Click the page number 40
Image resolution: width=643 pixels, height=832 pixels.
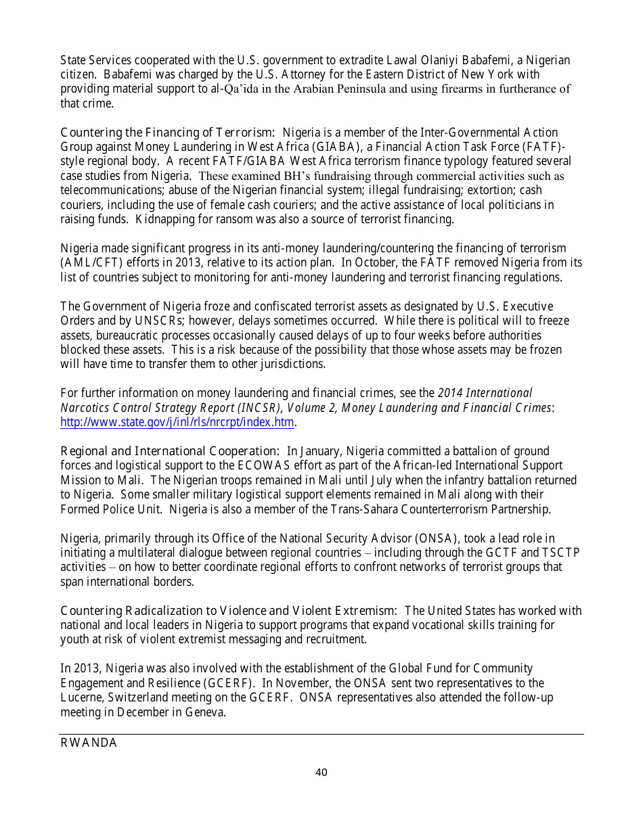(321, 772)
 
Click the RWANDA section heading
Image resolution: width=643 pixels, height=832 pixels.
(89, 743)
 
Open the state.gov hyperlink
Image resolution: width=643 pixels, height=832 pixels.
(177, 423)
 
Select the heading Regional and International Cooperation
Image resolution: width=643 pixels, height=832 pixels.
(170, 451)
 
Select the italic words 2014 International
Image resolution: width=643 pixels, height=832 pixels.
(485, 393)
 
